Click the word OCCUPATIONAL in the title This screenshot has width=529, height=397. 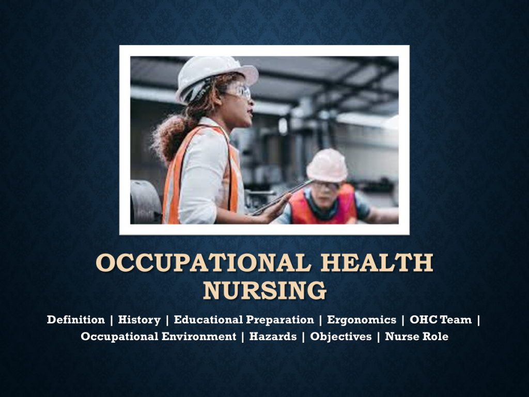click(x=204, y=263)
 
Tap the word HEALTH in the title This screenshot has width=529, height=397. click(x=377, y=263)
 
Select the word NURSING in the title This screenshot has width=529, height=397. click(x=265, y=291)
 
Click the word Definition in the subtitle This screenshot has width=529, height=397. click(x=76, y=319)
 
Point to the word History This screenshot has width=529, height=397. click(x=139, y=319)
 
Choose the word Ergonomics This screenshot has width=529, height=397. click(x=362, y=319)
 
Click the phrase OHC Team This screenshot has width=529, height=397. click(x=441, y=319)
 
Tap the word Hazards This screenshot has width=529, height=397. click(x=273, y=336)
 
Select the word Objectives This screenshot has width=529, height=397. click(x=341, y=337)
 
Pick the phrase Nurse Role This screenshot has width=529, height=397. click(x=417, y=336)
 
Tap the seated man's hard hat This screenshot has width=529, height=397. click(x=327, y=165)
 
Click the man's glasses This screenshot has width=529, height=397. click(x=326, y=186)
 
